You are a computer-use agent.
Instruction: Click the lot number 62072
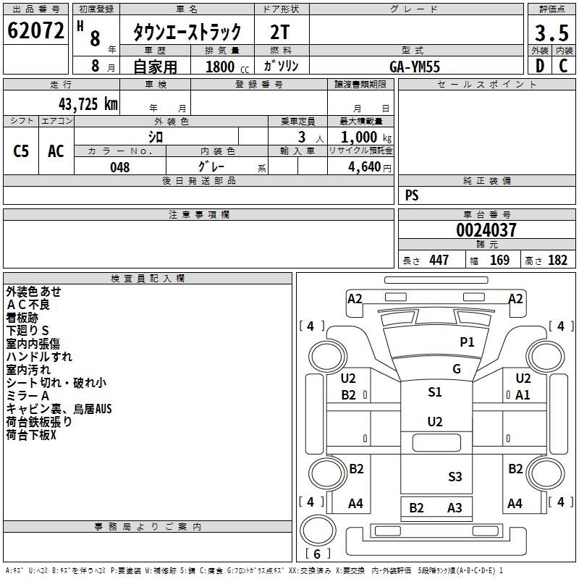(35, 30)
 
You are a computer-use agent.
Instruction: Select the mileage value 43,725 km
(88, 103)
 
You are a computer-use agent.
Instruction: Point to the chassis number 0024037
(486, 230)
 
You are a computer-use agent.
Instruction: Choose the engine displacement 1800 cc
(224, 67)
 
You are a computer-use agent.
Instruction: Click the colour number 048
(120, 167)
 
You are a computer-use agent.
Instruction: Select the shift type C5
(22, 151)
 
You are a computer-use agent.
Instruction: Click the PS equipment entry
(412, 195)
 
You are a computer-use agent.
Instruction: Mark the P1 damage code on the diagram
(467, 342)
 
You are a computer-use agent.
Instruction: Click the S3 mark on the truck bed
(455, 476)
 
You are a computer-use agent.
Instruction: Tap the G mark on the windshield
(457, 369)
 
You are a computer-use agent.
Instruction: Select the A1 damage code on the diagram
(523, 394)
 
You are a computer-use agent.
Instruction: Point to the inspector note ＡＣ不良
(29, 305)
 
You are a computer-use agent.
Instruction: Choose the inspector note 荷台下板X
(31, 436)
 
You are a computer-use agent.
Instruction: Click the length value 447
(438, 260)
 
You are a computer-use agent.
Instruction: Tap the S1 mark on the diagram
(435, 392)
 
